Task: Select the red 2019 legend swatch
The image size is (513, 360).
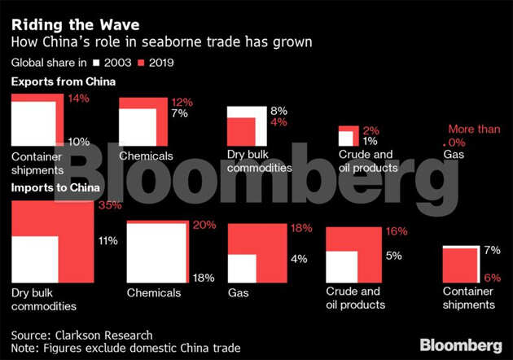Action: (140, 63)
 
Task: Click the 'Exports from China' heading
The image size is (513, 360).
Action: (63, 82)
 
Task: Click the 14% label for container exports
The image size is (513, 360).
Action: (78, 99)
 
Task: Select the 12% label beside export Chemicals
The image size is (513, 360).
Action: (181, 103)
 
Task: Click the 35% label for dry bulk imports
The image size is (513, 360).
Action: (108, 206)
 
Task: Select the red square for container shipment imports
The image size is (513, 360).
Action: (458, 266)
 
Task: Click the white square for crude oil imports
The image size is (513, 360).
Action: (342, 266)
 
